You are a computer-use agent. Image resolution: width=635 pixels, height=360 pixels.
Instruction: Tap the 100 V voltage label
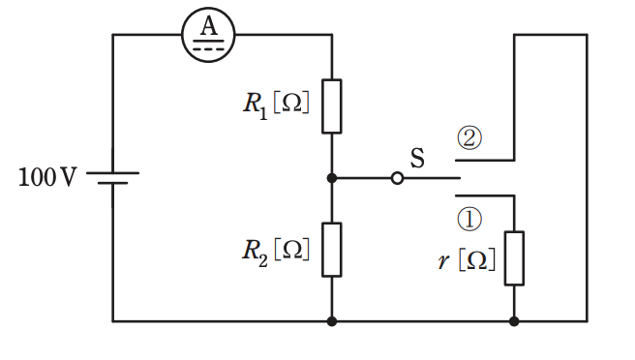point(47,177)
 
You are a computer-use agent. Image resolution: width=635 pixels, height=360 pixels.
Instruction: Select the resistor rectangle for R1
point(332,106)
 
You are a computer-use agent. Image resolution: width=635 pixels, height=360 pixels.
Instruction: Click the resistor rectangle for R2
point(332,250)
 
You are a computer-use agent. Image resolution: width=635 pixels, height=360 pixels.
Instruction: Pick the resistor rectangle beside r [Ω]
point(514,258)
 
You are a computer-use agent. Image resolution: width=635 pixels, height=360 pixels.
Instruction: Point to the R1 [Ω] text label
point(276,105)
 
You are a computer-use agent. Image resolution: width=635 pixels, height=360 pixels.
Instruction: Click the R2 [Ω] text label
point(276,252)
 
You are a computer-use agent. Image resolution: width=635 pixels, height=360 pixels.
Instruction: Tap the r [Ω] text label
point(467,260)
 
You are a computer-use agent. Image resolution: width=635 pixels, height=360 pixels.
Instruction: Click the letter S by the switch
point(417,158)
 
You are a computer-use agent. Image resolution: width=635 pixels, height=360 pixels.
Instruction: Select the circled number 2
point(469,138)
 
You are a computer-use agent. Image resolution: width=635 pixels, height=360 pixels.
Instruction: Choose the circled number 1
point(469,219)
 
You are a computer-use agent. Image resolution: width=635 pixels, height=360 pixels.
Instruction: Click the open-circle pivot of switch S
point(397,178)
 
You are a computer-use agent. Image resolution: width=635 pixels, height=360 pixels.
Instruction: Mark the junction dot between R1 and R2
point(332,178)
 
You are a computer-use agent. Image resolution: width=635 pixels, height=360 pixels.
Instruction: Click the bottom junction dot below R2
point(332,321)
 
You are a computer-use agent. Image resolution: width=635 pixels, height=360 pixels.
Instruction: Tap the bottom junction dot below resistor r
point(514,321)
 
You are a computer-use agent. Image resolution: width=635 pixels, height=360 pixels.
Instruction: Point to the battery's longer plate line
point(112,173)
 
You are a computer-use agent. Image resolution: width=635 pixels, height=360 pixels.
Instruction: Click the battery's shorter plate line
point(112,183)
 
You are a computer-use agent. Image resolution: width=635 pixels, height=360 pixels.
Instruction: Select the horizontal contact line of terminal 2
point(485,161)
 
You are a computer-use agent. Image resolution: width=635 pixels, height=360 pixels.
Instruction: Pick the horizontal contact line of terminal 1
point(485,196)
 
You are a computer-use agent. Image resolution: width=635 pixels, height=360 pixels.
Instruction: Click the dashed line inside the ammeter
point(208,49)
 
